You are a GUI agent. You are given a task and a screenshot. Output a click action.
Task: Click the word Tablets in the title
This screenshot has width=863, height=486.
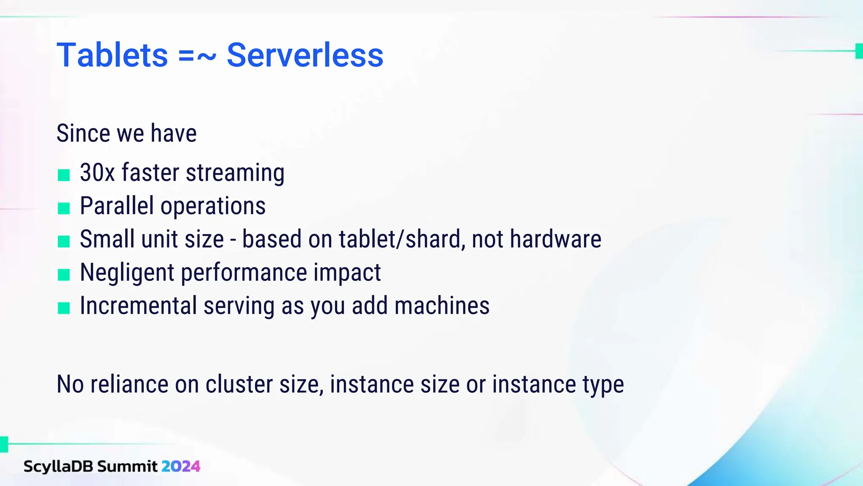tap(112, 55)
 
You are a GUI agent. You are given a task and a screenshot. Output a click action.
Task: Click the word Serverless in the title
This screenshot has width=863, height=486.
tap(305, 55)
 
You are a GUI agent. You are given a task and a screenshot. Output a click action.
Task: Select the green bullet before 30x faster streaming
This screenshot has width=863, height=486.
tap(64, 175)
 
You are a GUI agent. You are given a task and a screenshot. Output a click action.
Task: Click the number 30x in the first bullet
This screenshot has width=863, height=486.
tap(97, 173)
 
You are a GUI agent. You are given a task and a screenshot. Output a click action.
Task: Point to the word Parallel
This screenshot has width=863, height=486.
tap(116, 206)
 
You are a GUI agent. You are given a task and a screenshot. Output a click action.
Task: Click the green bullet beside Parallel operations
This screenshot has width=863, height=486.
tap(64, 208)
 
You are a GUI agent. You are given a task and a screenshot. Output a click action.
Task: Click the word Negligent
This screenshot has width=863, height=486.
tap(127, 273)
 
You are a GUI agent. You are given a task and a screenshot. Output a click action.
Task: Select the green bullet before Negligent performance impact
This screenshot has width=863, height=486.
tap(64, 275)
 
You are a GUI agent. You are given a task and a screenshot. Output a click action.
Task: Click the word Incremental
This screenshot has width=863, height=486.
tap(138, 306)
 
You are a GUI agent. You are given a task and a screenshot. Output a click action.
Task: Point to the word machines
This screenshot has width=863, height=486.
tap(442, 306)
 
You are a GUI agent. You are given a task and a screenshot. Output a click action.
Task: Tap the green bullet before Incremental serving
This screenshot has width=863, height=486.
tap(64, 308)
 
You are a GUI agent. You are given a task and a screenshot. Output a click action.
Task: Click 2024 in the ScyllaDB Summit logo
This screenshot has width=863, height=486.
tap(181, 466)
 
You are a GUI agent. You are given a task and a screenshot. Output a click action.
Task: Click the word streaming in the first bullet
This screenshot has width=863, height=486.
tap(235, 173)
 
